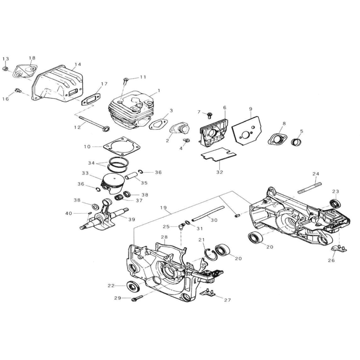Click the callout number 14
click(78, 64)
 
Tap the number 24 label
click(315, 174)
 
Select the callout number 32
click(219, 171)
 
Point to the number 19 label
click(163, 208)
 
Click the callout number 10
click(87, 146)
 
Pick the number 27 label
click(227, 300)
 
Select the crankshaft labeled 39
click(105, 215)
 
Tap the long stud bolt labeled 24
click(310, 186)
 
